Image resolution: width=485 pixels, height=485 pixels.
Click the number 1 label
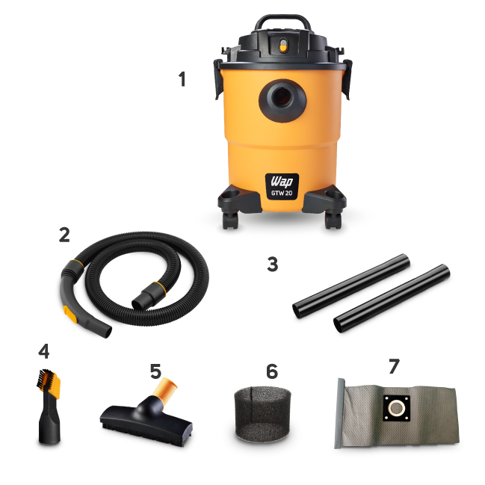(x=182, y=79)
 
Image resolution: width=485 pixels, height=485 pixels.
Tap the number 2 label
(x=64, y=235)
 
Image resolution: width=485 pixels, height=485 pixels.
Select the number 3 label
(x=273, y=265)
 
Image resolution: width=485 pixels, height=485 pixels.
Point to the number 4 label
(x=44, y=351)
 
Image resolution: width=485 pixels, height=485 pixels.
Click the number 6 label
(x=272, y=371)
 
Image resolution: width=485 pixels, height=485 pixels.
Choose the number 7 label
(x=394, y=366)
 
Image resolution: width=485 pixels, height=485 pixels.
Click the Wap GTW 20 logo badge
(x=282, y=187)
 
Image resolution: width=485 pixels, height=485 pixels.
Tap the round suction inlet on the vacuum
(x=282, y=101)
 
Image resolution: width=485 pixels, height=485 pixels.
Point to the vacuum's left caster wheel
(x=230, y=220)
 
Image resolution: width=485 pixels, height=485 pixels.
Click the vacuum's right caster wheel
(x=333, y=220)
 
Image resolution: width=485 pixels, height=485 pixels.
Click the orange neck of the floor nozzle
(x=166, y=388)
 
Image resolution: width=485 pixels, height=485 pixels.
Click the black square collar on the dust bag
(x=397, y=408)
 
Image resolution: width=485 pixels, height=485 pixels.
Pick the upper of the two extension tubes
(x=351, y=286)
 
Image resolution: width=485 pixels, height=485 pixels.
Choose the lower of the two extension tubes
(x=392, y=298)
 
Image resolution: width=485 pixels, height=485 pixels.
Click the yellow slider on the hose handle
(x=70, y=314)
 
